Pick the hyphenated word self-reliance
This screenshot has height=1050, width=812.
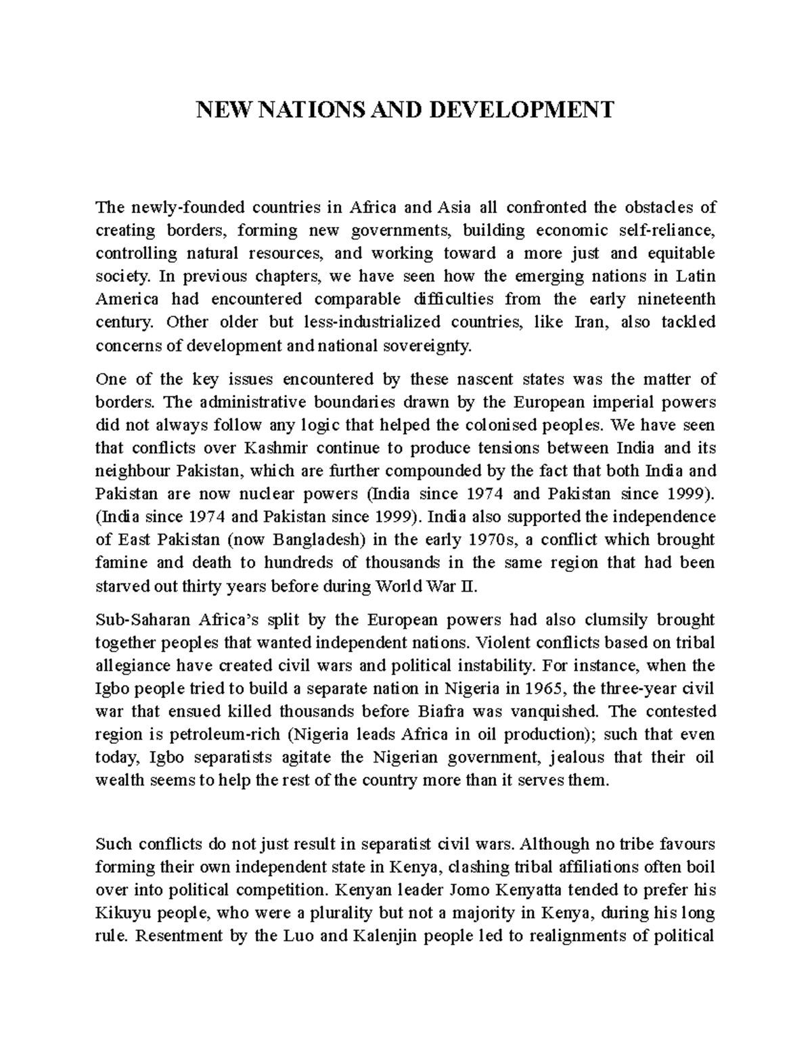tap(666, 231)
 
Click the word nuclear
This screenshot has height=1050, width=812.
tap(274, 494)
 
